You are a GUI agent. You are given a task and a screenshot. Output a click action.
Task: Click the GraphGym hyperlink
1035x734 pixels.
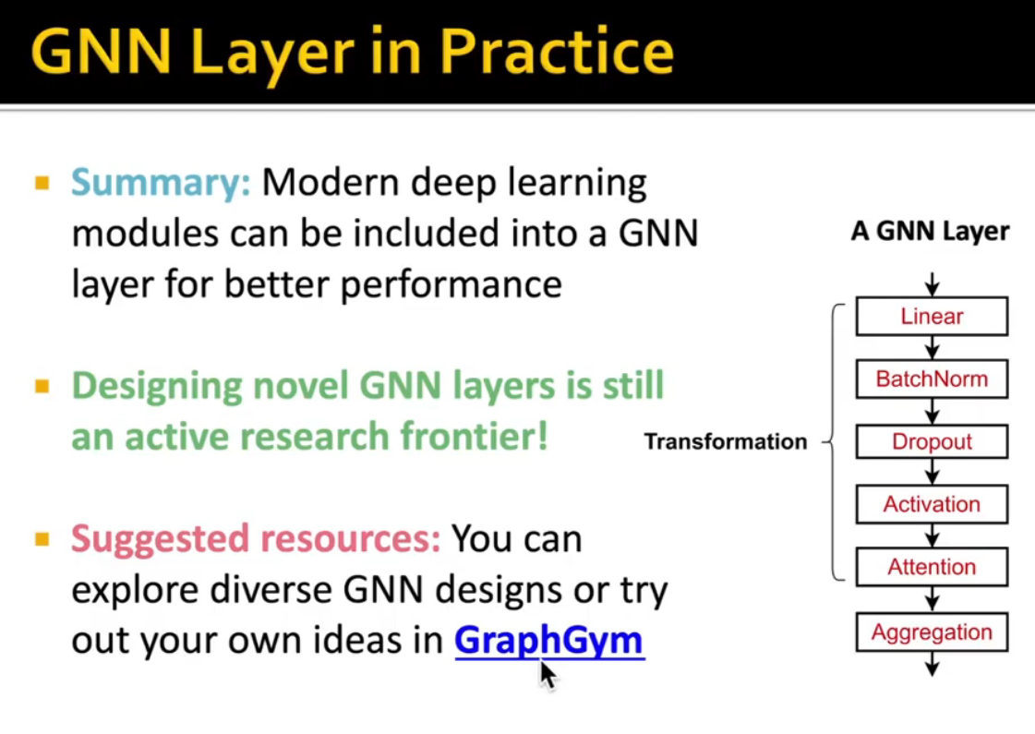548,640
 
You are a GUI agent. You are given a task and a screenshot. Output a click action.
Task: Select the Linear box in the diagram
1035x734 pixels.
932,317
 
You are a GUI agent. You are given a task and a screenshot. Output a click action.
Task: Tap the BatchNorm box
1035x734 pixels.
932,379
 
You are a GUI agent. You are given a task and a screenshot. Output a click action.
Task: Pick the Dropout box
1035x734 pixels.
932,441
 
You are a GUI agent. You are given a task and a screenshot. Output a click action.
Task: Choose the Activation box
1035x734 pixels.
932,504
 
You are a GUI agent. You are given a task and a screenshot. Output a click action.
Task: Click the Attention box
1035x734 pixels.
932,567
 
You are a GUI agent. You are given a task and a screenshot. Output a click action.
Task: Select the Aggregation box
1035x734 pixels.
932,632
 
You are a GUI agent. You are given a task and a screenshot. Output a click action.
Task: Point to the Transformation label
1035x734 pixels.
725,441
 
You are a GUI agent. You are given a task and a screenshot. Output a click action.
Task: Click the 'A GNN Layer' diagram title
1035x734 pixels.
930,232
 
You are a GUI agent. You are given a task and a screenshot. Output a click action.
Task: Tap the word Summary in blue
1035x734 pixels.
161,183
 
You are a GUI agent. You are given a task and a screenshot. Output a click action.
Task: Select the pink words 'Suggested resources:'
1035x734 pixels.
256,538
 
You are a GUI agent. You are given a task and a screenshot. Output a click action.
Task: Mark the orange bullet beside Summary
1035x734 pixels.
42,183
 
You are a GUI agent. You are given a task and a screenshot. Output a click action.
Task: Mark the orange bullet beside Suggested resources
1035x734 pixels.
42,538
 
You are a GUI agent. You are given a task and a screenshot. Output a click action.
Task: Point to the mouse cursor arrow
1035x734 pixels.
548,674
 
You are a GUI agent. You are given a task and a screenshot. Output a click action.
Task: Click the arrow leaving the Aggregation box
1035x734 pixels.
932,664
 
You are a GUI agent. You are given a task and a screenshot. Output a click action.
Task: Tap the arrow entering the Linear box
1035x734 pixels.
932,283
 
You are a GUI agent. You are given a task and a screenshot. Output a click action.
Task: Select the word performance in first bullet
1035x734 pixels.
451,283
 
